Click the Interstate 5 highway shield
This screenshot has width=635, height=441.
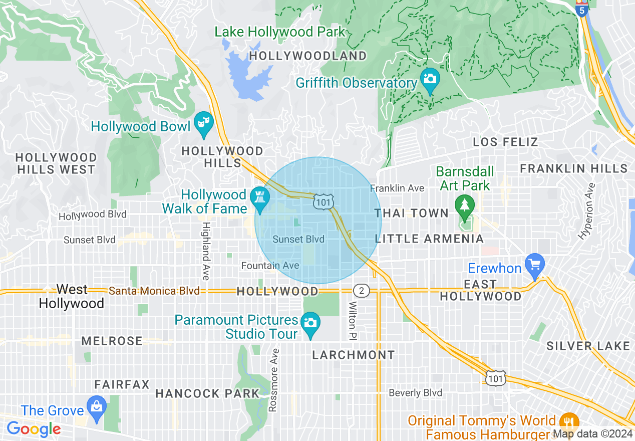click(581, 9)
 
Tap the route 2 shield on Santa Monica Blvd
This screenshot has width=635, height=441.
click(361, 291)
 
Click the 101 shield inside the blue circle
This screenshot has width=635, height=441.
click(322, 202)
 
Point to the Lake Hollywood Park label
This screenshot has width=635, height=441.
click(280, 32)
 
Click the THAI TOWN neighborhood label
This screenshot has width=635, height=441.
click(412, 213)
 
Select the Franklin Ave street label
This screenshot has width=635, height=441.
click(397, 188)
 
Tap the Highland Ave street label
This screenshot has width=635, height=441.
click(206, 251)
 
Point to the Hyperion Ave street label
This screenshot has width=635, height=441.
click(586, 210)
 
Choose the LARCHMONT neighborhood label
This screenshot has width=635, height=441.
click(353, 355)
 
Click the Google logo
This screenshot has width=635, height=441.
click(34, 429)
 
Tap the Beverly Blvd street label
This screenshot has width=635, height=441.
click(416, 393)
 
